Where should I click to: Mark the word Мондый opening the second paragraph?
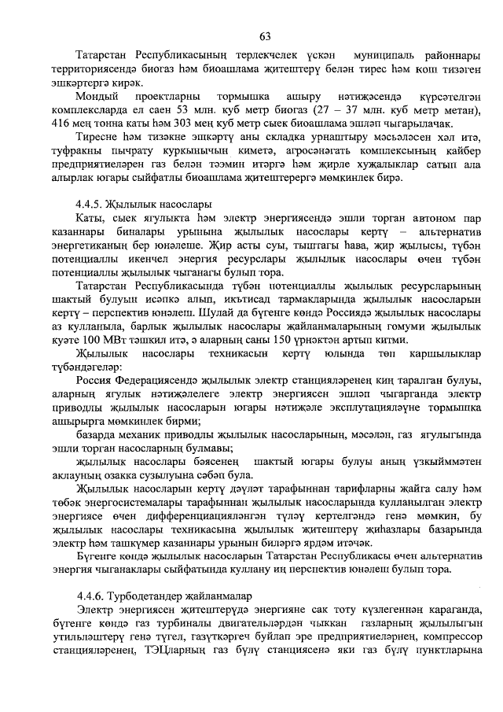click(x=95, y=97)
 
